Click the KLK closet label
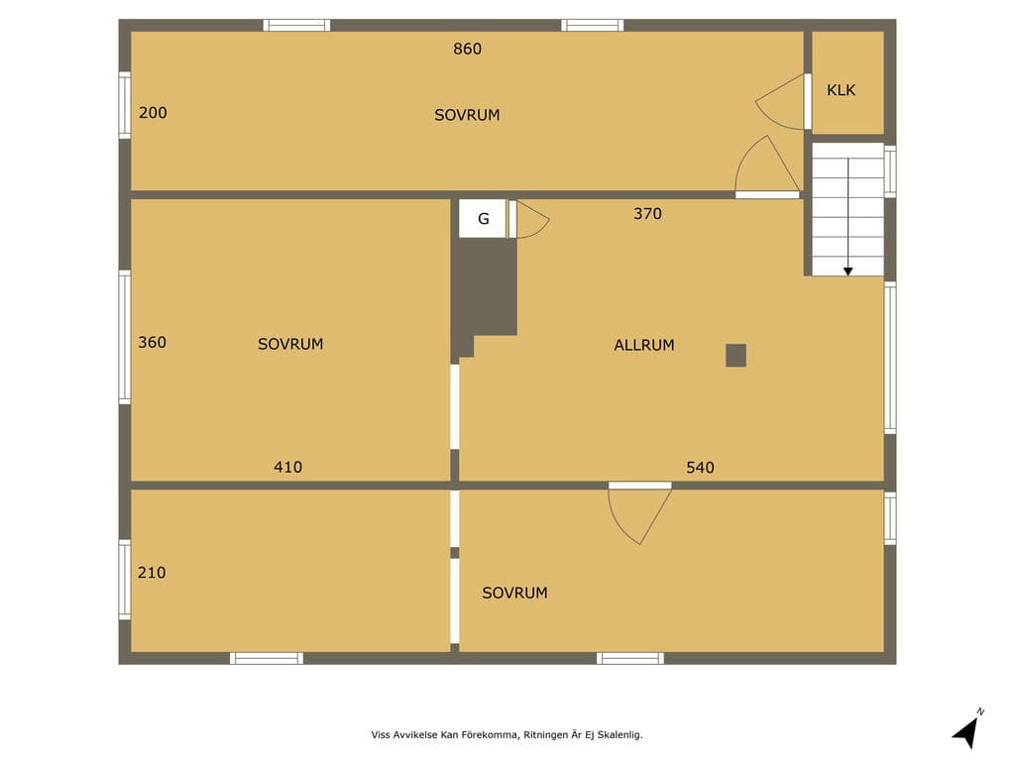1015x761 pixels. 841,90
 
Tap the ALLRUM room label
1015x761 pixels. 644,345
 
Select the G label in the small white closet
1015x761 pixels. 484,219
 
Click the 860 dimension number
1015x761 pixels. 468,50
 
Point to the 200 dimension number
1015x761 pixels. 153,113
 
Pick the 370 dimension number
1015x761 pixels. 647,214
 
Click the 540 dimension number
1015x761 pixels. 701,468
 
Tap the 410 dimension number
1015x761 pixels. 288,467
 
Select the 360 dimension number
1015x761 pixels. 152,342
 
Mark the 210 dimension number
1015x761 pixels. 152,572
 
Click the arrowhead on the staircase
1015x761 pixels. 848,272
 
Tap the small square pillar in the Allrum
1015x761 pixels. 736,356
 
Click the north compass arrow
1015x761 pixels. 965,733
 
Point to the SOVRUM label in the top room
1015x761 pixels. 467,115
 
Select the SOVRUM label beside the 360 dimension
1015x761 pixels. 290,344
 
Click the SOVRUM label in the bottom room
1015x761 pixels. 514,593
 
